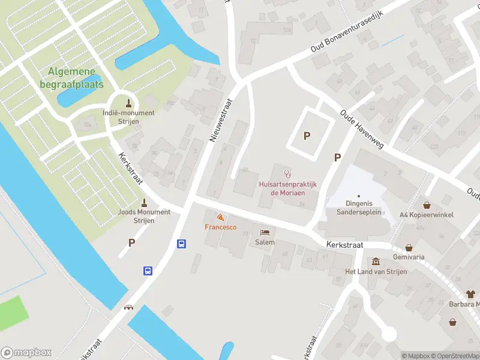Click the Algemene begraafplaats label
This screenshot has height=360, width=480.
click(76, 78)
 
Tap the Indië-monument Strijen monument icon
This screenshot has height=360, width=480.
click(128, 101)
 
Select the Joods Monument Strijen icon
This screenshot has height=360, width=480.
click(144, 202)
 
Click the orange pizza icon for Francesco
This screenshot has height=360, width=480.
click(220, 217)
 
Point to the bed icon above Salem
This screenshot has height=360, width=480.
click(264, 232)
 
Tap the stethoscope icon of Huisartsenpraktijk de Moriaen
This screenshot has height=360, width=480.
click(287, 174)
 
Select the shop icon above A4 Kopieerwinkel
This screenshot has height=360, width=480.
click(427, 205)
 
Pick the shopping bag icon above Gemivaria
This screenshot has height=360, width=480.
click(409, 247)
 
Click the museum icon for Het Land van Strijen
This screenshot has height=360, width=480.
click(376, 262)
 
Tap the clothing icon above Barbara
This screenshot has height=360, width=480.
click(470, 294)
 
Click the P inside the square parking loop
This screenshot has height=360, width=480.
click(307, 136)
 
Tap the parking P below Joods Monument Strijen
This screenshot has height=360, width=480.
click(131, 242)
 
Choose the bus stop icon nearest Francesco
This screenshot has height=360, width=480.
click(181, 244)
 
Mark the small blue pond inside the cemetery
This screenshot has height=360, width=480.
click(79, 95)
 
